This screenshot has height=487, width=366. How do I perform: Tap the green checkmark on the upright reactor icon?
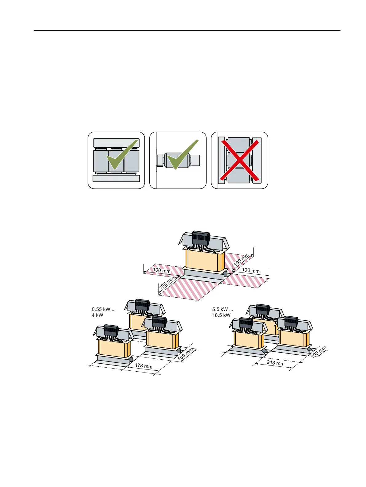(121, 156)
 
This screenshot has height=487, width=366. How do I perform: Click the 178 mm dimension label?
(144, 366)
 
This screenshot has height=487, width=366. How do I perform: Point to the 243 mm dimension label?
(275, 363)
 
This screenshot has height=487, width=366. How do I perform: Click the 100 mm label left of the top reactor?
(162, 271)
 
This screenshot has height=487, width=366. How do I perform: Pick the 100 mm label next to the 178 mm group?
(186, 354)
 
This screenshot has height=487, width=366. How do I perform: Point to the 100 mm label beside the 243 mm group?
(319, 352)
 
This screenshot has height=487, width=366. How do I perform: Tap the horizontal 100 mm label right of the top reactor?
(251, 270)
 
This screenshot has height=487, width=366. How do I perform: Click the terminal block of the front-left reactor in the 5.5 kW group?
(246, 323)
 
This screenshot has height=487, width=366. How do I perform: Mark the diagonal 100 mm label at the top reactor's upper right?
(242, 260)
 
